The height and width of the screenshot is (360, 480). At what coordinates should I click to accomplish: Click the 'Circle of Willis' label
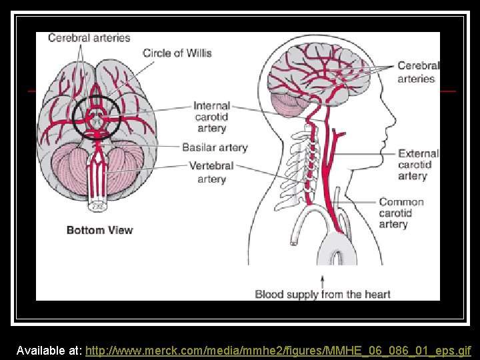pyautogui.click(x=177, y=53)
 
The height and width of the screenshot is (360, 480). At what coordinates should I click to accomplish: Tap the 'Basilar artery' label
pyautogui.click(x=215, y=147)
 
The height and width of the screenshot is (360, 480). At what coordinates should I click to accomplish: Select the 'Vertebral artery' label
pyautogui.click(x=211, y=172)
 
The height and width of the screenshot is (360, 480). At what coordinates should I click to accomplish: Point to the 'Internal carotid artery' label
pyautogui.click(x=211, y=117)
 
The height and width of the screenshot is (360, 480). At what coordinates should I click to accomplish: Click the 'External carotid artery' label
pyautogui.click(x=418, y=165)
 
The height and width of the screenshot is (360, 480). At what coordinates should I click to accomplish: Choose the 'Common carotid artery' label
pyautogui.click(x=401, y=213)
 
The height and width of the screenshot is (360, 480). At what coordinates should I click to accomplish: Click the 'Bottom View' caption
pyautogui.click(x=99, y=231)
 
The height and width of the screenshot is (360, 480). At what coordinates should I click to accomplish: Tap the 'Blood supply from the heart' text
pyautogui.click(x=323, y=294)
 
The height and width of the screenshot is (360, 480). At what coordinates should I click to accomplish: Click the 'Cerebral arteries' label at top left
pyautogui.click(x=89, y=38)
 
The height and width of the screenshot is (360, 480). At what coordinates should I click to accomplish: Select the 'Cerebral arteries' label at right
pyautogui.click(x=418, y=72)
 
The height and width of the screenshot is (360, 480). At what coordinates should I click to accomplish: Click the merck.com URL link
pyautogui.click(x=278, y=350)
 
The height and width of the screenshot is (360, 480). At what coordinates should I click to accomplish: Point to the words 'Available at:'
pyautogui.click(x=49, y=350)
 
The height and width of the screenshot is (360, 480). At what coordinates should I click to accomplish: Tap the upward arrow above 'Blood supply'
pyautogui.click(x=323, y=280)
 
